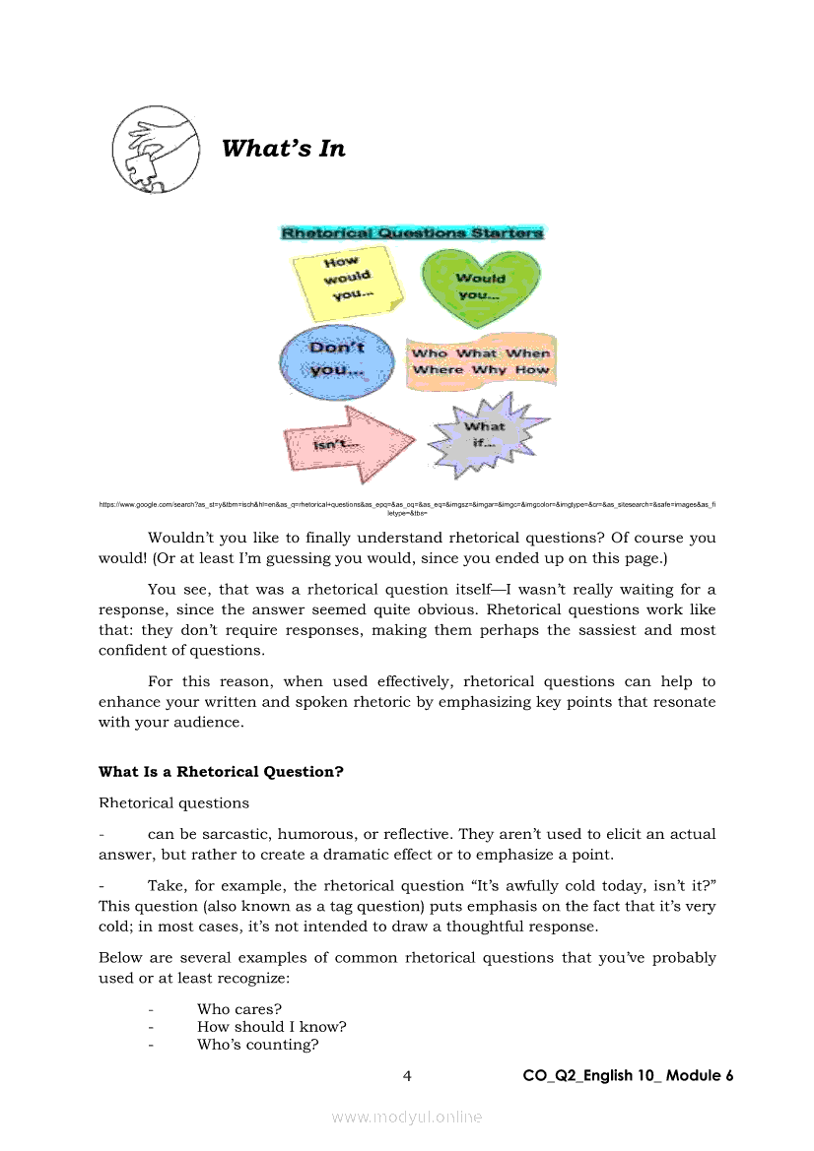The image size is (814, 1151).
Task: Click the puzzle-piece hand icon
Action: (x=152, y=149)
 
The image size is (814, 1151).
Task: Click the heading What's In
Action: (x=284, y=149)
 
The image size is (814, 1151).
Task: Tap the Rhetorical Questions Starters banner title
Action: (x=412, y=233)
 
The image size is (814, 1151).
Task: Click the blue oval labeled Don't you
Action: (x=337, y=358)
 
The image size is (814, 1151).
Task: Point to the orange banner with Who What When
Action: (x=481, y=361)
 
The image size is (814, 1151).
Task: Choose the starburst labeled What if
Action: (x=484, y=435)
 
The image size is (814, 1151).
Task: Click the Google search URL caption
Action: (x=407, y=507)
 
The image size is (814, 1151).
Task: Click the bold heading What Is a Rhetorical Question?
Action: (x=221, y=772)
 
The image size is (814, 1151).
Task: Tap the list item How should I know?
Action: (x=271, y=1027)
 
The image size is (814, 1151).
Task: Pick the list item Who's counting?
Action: (x=257, y=1045)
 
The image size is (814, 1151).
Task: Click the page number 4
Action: (x=407, y=1076)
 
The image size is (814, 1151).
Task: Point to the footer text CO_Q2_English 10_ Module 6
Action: (x=628, y=1076)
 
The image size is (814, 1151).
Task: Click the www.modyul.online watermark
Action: (x=407, y=1117)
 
